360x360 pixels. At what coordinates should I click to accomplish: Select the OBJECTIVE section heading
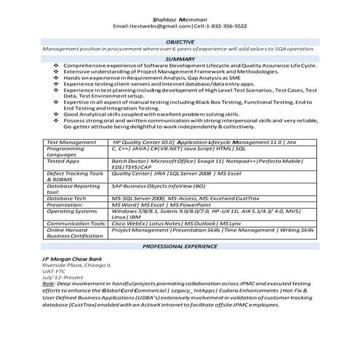tap(180, 42)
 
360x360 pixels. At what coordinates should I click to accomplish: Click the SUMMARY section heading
tap(180, 58)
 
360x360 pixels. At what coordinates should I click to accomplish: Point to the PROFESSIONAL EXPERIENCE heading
tap(180, 247)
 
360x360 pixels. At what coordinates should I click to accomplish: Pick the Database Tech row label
tap(66, 197)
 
